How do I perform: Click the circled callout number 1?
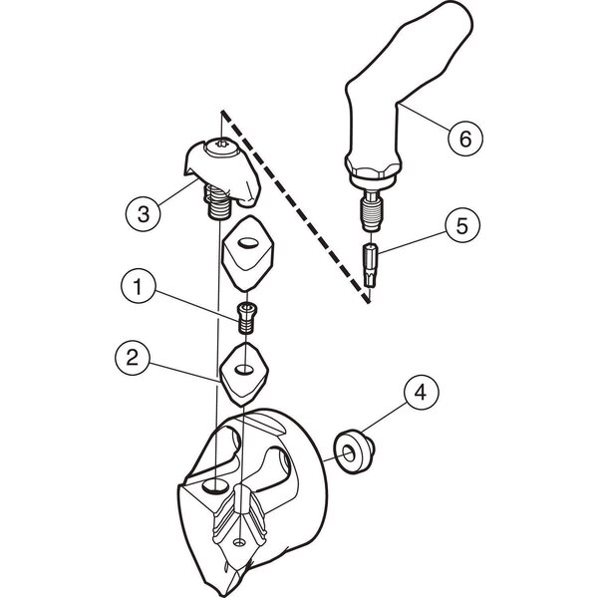[139, 286]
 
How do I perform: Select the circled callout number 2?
[133, 358]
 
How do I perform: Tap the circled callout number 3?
[143, 213]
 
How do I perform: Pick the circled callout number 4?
[421, 392]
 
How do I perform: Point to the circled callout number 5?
[462, 226]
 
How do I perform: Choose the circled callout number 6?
[465, 139]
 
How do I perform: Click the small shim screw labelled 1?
[247, 317]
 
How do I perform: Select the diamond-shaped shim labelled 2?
[244, 375]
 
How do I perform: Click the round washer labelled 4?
[354, 452]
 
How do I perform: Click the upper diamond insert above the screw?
[248, 253]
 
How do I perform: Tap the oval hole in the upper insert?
[248, 242]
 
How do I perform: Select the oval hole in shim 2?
[243, 369]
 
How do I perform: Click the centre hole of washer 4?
[348, 452]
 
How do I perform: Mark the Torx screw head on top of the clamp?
[222, 148]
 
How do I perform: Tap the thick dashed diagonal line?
[296, 207]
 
